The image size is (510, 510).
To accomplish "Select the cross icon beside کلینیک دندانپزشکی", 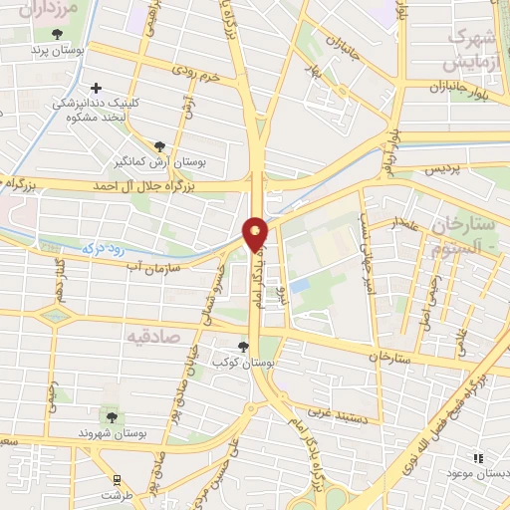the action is coord(96,88).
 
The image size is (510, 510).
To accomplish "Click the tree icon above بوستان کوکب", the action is coord(242,348).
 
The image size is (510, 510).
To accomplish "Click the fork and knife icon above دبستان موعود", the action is coord(478,457).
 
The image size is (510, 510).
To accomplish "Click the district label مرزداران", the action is coord(40,10).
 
